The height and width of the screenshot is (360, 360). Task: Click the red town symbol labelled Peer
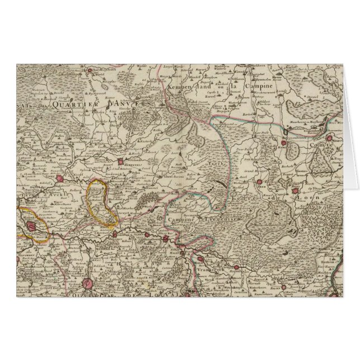click(259, 182)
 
